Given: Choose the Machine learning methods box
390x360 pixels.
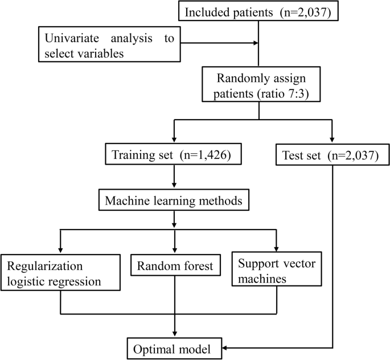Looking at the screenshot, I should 174,201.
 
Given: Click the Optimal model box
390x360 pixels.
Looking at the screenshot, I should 174,348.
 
